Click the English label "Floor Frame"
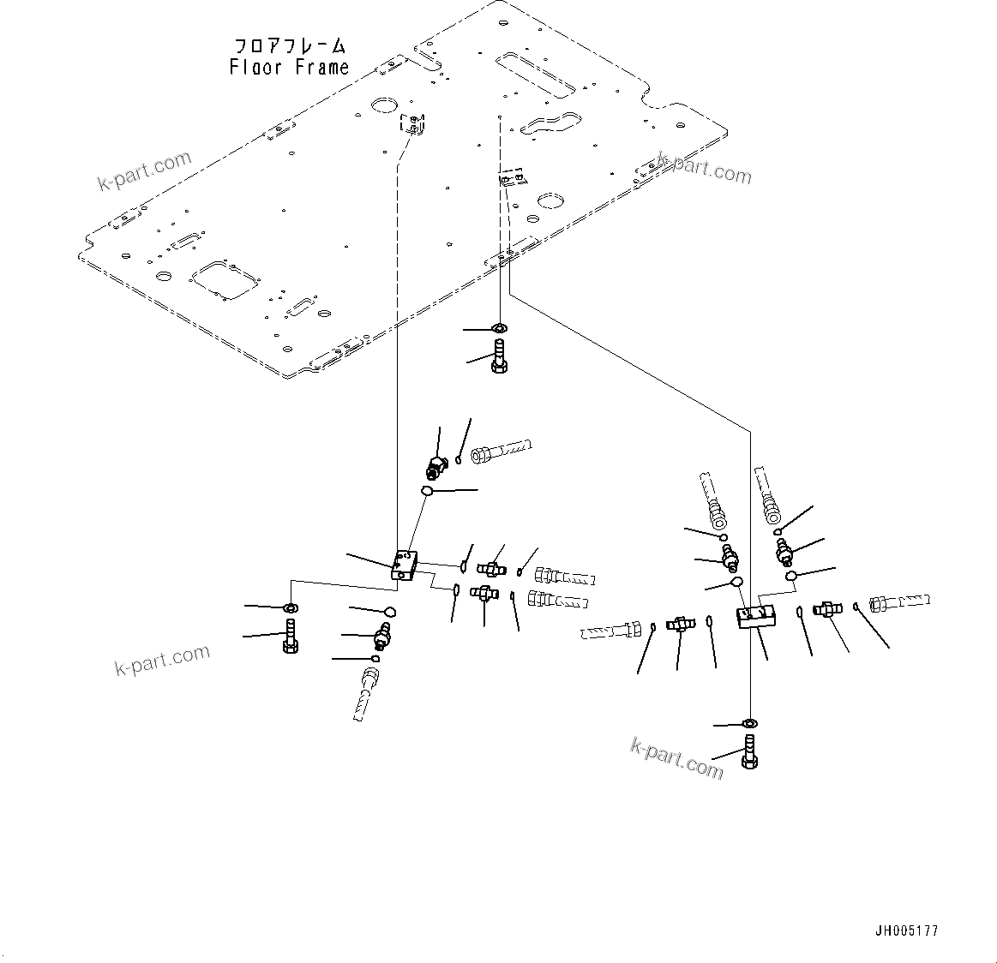289,68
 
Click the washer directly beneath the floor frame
500,328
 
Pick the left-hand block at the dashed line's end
404,567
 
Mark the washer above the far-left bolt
290,607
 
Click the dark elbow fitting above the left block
435,467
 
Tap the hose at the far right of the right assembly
898,603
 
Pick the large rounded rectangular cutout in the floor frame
224,280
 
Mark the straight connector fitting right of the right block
827,610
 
